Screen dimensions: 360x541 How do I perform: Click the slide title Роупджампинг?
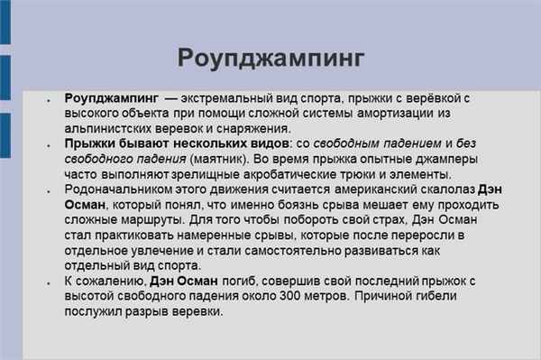click(x=270, y=59)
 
